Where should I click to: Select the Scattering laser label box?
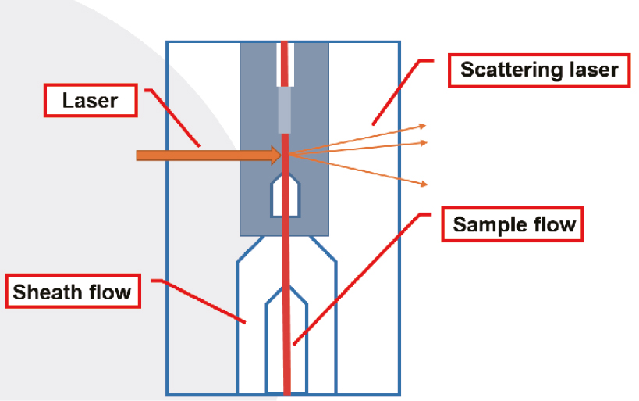[x=539, y=70]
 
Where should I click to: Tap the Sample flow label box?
[x=514, y=225]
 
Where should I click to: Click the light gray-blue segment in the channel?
[x=285, y=109]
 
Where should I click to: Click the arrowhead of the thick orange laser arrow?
[x=275, y=156]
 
